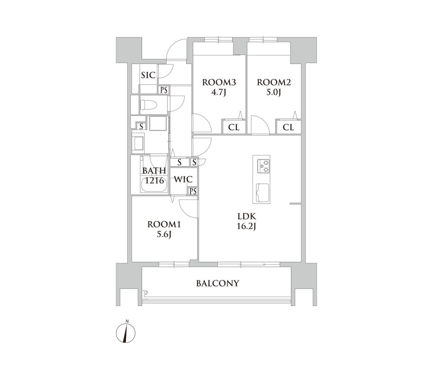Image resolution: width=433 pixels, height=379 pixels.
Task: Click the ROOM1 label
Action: click(x=164, y=224)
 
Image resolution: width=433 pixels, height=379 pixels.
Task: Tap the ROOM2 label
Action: click(x=274, y=82)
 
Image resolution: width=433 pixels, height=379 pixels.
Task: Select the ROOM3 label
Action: click(x=219, y=82)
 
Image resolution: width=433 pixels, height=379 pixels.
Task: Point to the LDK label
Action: click(x=247, y=216)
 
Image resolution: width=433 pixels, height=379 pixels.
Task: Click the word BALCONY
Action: click(x=218, y=283)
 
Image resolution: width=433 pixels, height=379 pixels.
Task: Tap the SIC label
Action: click(x=148, y=75)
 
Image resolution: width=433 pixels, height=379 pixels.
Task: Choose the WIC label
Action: click(x=183, y=179)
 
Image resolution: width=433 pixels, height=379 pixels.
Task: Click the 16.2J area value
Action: click(x=247, y=227)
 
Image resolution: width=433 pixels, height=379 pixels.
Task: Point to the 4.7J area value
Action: click(x=219, y=93)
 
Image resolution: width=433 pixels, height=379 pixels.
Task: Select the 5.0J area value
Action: click(x=274, y=93)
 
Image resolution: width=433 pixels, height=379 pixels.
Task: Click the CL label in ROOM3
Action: click(x=233, y=127)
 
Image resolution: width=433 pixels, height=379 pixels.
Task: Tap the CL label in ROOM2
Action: click(x=288, y=127)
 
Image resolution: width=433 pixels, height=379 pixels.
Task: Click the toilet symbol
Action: click(x=149, y=105)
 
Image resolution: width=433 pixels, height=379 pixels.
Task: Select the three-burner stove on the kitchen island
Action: click(x=264, y=166)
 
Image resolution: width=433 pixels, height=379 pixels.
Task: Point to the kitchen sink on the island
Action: click(x=263, y=193)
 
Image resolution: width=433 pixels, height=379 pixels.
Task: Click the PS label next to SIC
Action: click(x=164, y=90)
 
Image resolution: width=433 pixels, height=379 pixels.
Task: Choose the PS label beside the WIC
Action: click(x=193, y=191)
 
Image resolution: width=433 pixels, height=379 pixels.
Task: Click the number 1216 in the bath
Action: click(x=155, y=181)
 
